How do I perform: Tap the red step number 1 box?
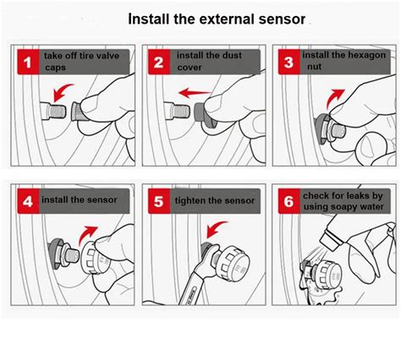pos(28,62)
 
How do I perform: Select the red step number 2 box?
pos(159,62)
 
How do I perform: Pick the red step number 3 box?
pos(289,62)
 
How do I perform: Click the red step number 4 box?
pos(28,201)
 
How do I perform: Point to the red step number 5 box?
pos(159,201)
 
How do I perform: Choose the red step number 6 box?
pos(289,201)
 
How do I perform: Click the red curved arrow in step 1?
pos(62,90)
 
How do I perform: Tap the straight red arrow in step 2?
pos(195,93)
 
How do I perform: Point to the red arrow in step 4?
pos(86,234)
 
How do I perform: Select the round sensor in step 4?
pos(95,258)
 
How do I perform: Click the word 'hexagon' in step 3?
pos(366,56)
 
